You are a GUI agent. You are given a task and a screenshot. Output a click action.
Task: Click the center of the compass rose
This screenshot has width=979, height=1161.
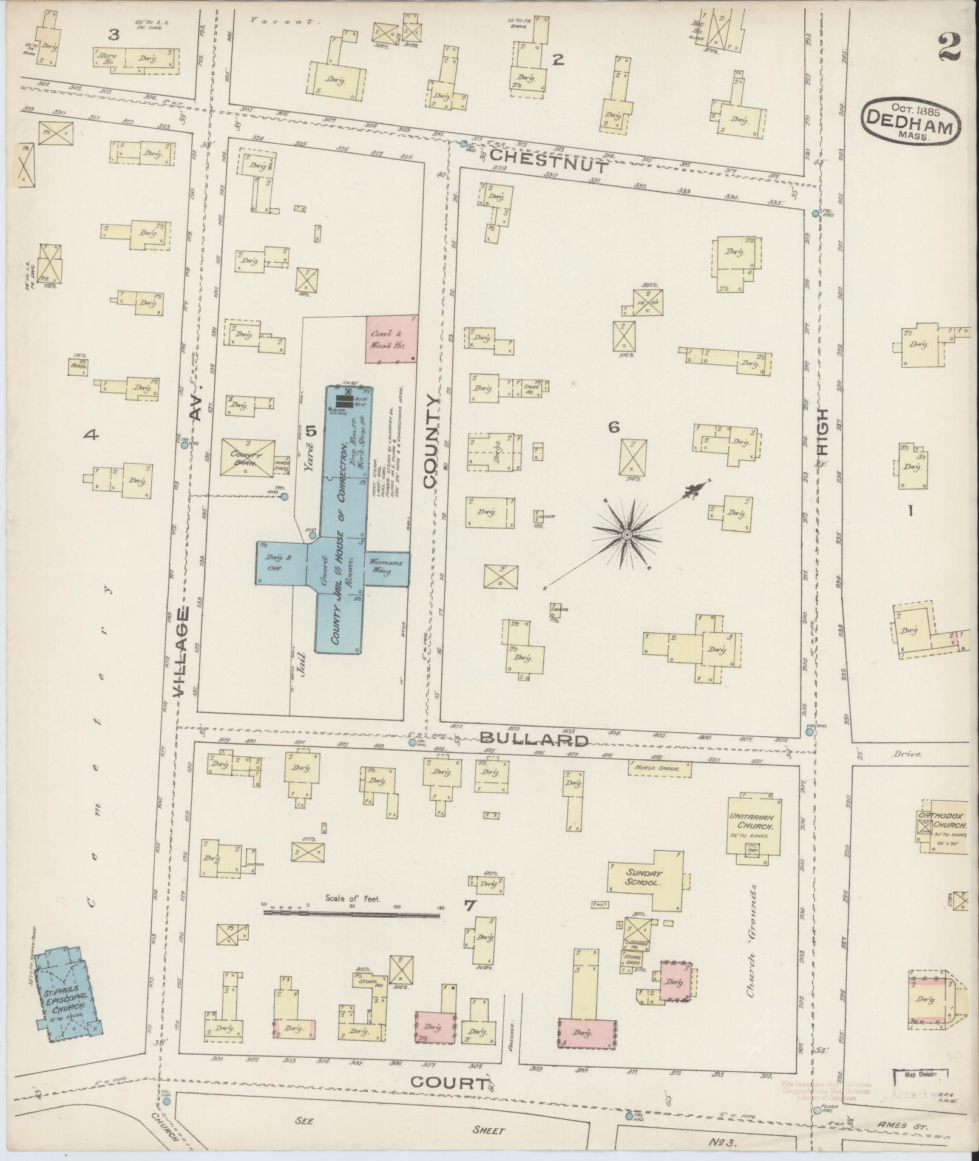pos(626,534)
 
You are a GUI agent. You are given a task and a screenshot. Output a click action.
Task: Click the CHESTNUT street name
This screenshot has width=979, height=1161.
pos(548,164)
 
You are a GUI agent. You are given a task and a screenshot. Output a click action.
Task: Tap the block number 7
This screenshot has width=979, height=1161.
pos(469,923)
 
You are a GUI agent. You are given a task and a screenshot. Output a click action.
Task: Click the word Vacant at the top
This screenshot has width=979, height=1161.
pos(283,21)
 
